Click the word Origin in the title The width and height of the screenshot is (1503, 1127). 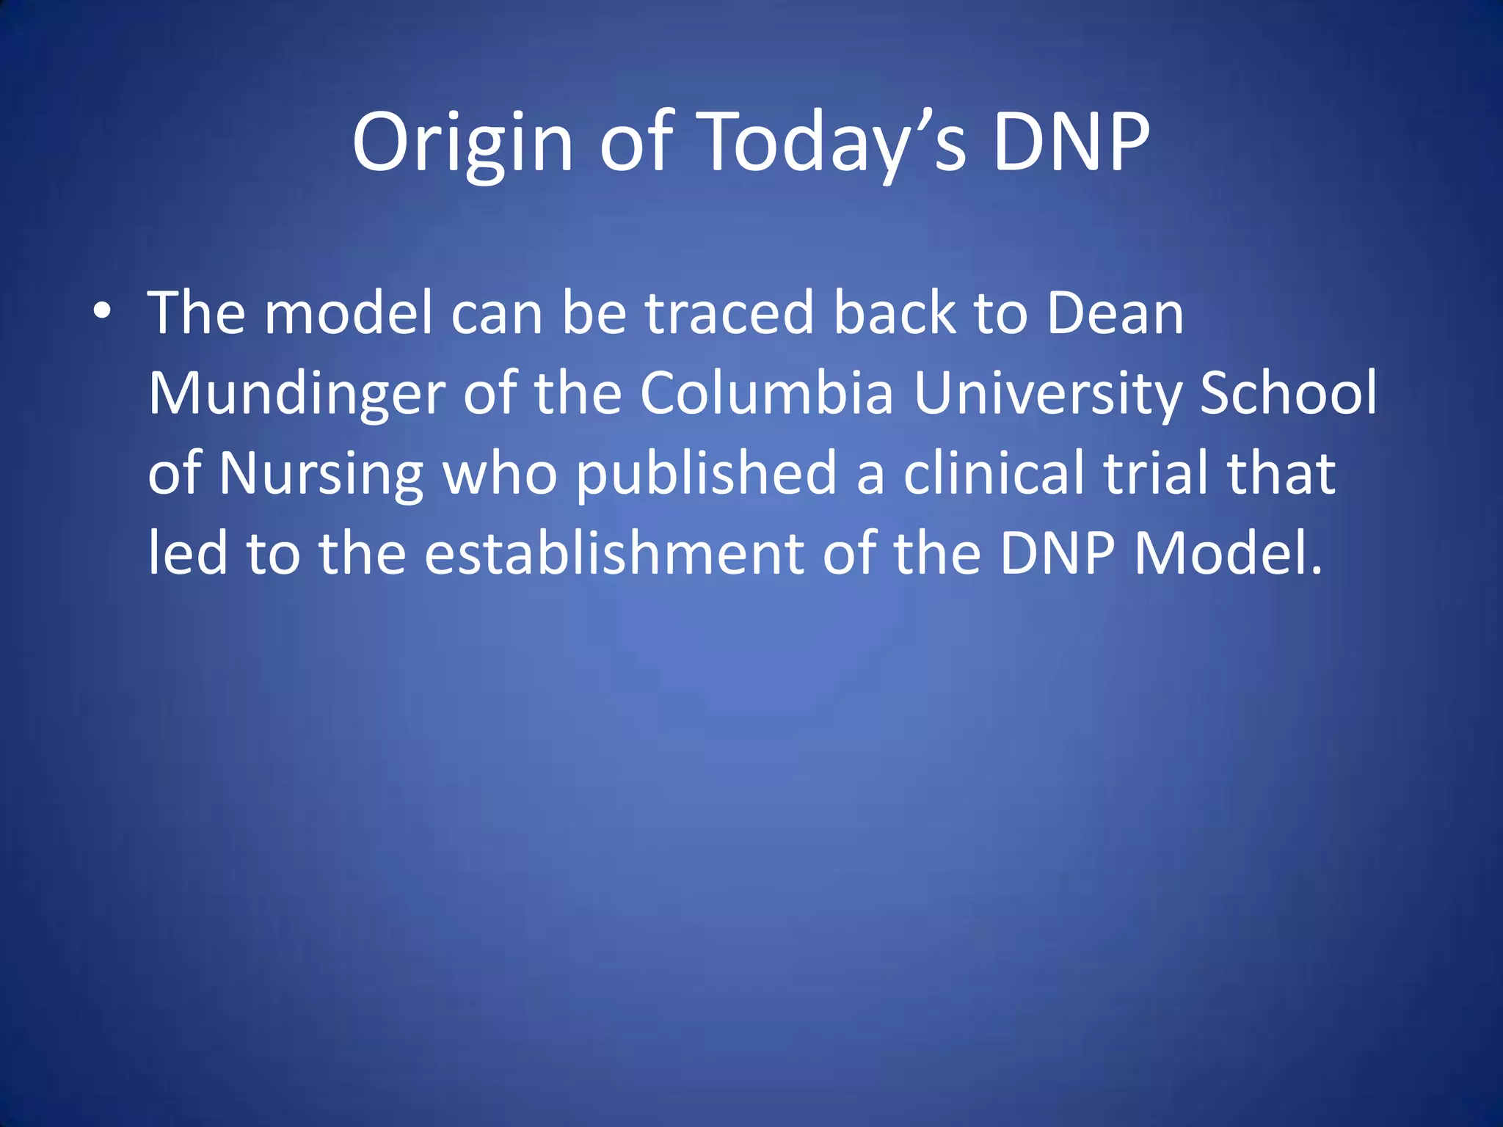click(x=462, y=142)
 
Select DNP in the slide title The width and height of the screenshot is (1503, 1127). click(x=1071, y=142)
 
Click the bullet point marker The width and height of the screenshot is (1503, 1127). click(x=102, y=312)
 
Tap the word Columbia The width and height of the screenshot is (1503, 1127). click(x=766, y=393)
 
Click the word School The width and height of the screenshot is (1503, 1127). click(x=1288, y=393)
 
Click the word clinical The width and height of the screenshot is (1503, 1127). click(x=994, y=473)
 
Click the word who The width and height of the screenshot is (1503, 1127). click(x=500, y=474)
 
